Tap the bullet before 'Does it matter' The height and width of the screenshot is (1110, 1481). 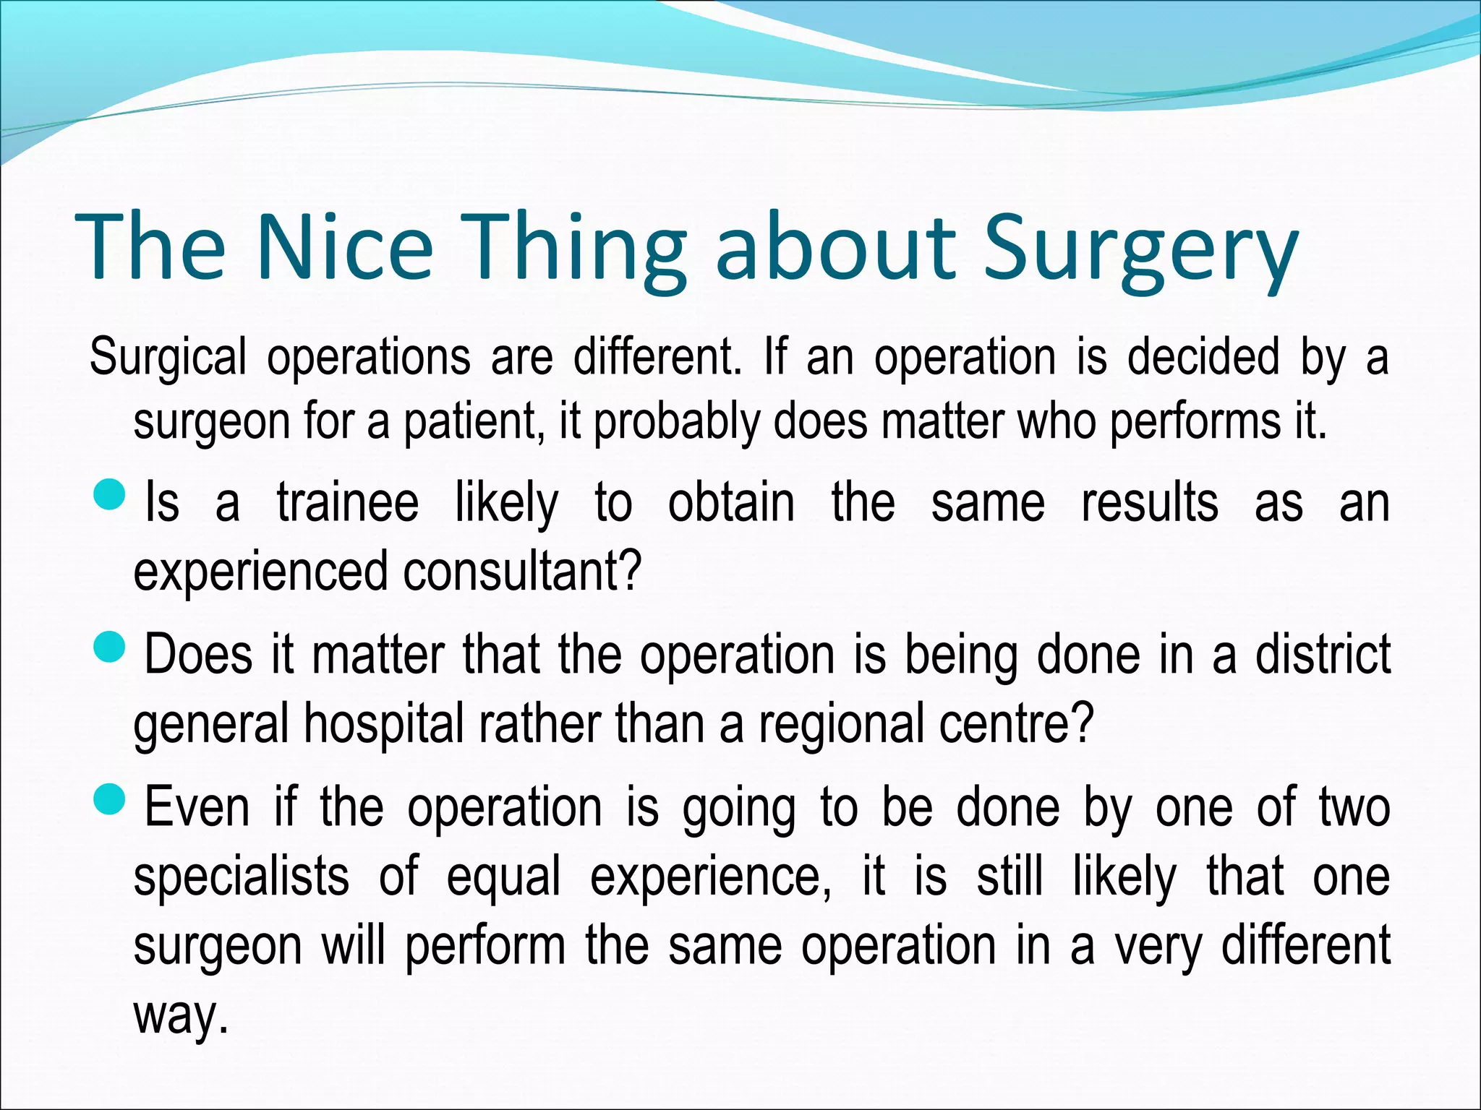(x=110, y=647)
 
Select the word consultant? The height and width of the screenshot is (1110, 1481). (x=522, y=571)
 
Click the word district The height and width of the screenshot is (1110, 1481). (x=1323, y=654)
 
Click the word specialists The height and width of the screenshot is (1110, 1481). (x=242, y=876)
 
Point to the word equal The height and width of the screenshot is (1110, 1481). (x=503, y=877)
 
